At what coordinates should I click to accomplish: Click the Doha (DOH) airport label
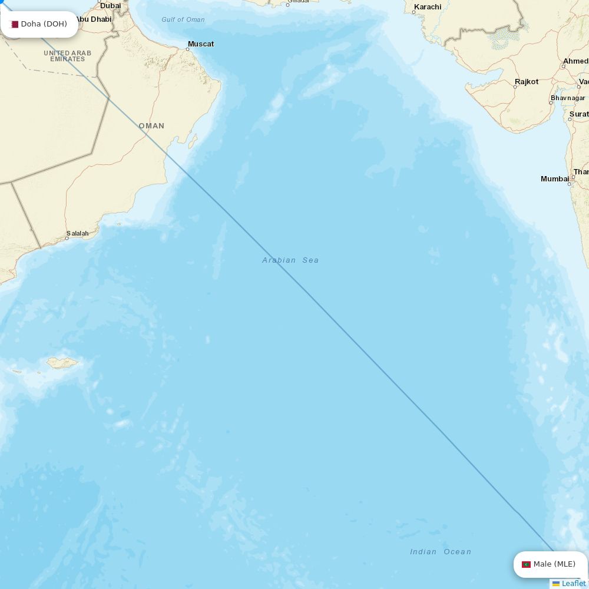coord(44,24)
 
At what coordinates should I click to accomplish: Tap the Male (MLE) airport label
coord(554,564)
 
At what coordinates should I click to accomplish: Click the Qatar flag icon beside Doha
coord(15,24)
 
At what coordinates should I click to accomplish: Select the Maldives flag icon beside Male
coord(526,564)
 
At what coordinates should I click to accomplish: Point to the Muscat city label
coord(201,44)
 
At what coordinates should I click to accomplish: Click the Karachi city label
coord(428,7)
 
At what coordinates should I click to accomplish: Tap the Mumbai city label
coord(555,178)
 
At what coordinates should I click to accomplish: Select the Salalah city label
coord(78,234)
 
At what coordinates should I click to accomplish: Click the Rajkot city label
coord(527,82)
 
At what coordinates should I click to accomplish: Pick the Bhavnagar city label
coord(568,98)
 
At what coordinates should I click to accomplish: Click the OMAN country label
coord(151,126)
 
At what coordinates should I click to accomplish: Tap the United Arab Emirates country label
coord(67,56)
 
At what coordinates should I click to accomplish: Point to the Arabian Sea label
coord(290,260)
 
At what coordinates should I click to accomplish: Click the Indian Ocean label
coord(441,552)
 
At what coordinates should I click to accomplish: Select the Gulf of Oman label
coord(183,19)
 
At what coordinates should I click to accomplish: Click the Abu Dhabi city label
coord(93,19)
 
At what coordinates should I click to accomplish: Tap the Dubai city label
coord(110,6)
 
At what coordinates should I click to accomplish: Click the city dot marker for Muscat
coord(187,49)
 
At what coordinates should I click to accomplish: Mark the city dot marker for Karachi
coord(413,12)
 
